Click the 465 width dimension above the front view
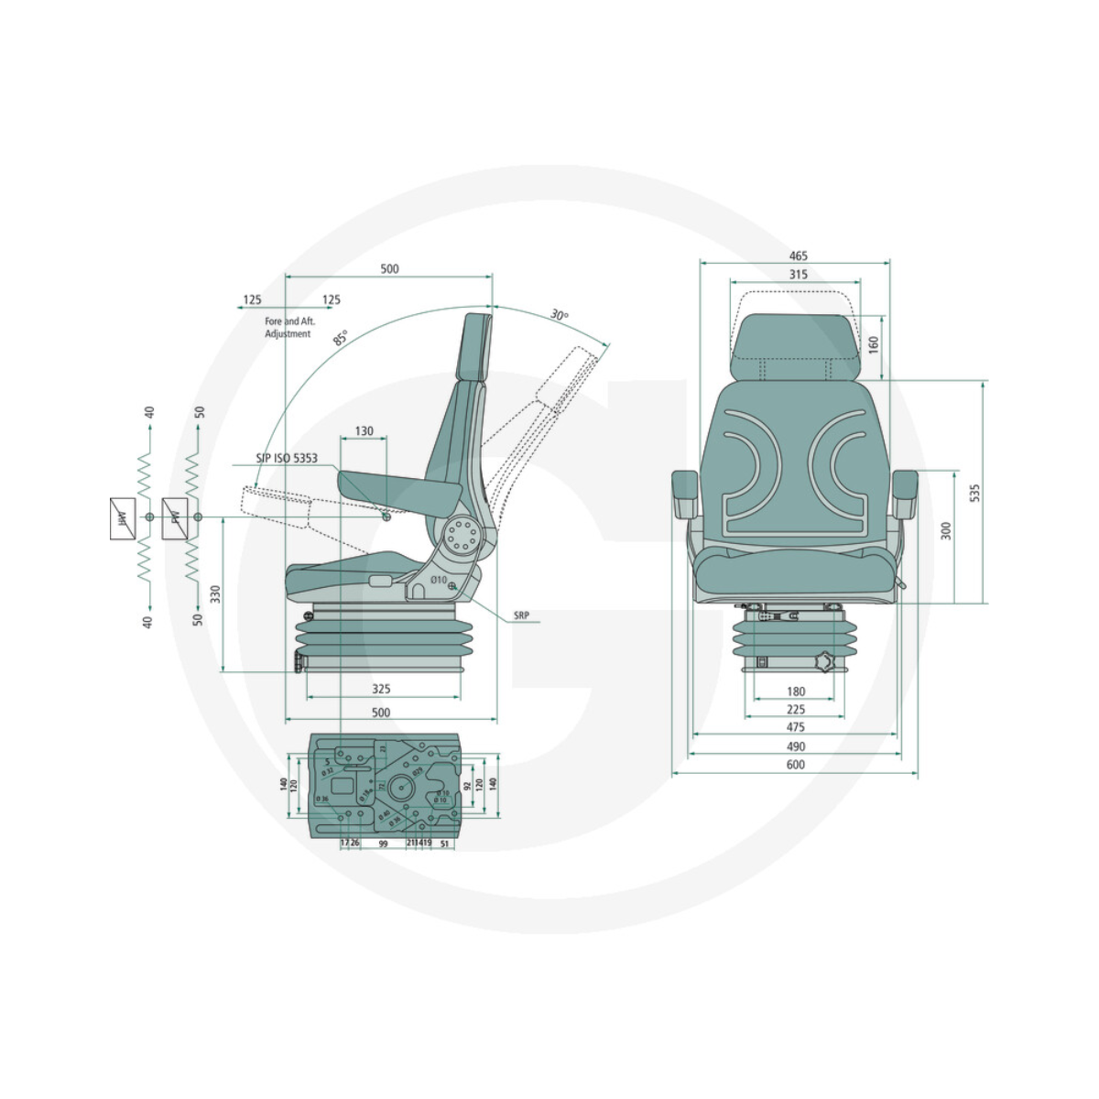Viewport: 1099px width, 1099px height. point(798,256)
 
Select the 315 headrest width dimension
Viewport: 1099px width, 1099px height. point(798,275)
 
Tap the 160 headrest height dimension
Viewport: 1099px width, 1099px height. point(873,344)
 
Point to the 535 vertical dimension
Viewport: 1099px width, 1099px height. point(974,493)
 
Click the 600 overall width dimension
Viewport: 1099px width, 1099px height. point(795,765)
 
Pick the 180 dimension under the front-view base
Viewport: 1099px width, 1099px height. point(796,691)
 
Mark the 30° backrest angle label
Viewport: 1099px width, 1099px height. point(559,315)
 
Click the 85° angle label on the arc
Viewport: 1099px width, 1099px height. point(341,337)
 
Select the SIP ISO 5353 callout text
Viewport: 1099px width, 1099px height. point(287,458)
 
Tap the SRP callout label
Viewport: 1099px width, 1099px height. point(521,616)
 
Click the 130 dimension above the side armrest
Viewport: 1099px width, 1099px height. point(364,430)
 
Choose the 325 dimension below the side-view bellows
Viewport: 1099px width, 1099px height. point(381,689)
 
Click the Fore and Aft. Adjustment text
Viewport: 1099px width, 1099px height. point(289,328)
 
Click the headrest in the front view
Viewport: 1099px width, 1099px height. point(796,348)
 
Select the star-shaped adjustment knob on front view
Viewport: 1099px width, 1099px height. point(827,660)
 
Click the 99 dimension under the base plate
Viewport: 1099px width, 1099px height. point(383,843)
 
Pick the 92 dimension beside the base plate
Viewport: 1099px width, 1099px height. point(466,785)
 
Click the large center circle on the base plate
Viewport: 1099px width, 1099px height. point(400,786)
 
